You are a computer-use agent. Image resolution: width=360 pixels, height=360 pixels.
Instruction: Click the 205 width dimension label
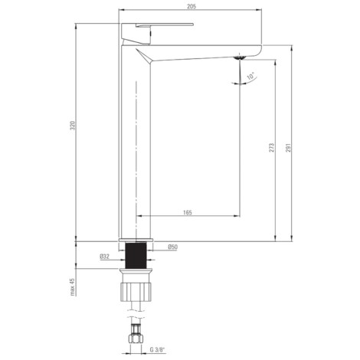tap(191, 7)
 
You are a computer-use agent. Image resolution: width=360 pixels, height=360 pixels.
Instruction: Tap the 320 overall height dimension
tap(73, 126)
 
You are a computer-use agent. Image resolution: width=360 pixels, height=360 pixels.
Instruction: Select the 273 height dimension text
tap(272, 148)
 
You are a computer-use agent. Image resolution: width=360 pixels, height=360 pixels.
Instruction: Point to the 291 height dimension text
tap(288, 148)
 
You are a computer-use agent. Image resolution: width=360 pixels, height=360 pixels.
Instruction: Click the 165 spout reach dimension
tap(188, 212)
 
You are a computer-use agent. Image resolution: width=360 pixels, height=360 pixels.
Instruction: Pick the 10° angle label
tap(250, 76)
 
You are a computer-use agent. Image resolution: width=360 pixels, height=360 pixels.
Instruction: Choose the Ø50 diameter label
tap(173, 247)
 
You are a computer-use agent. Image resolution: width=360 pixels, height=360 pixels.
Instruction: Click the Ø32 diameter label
tap(104, 257)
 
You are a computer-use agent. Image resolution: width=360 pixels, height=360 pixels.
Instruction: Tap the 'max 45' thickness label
tap(73, 287)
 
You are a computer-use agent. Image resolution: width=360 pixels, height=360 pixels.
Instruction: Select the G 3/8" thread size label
tap(158, 350)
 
